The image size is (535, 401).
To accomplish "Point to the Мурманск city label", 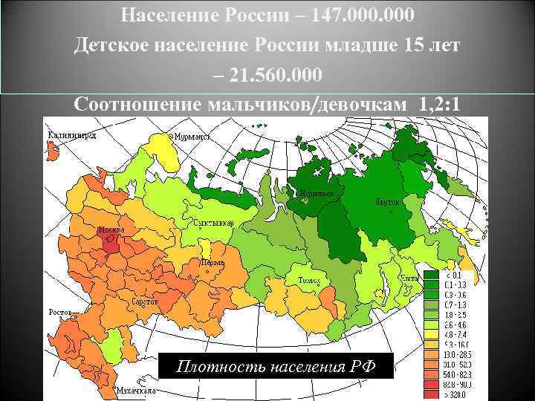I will pos(192,137).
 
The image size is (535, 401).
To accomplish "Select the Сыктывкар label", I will pos(213,223).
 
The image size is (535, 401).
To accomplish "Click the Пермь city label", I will pos(210,262).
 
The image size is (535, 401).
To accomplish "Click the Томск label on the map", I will pos(308,280).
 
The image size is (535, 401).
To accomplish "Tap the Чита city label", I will pos(409,278).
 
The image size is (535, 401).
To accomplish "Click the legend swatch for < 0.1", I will pos(431,275).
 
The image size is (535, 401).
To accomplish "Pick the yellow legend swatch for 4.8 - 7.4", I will pos(431,334).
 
